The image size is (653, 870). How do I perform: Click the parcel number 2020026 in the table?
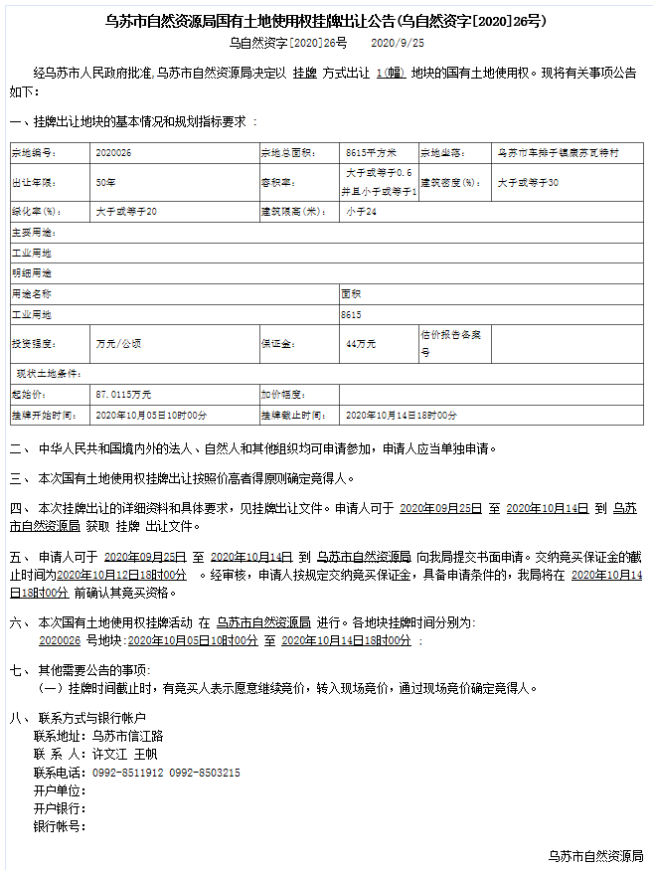[x=113, y=153]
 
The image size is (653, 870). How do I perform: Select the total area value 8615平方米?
[x=371, y=153]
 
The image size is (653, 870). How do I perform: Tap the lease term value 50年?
[x=105, y=183]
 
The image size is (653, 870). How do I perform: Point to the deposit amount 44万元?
[x=360, y=344]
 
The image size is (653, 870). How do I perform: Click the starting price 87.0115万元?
[x=123, y=395]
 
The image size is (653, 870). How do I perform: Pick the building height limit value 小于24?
[x=360, y=212]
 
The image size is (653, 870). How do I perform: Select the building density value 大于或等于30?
[x=528, y=183]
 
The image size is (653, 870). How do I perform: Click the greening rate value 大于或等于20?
[x=126, y=212]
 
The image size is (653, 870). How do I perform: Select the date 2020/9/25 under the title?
[x=397, y=43]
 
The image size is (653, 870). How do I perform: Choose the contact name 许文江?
[x=110, y=755]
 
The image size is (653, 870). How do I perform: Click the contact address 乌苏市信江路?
[x=126, y=737]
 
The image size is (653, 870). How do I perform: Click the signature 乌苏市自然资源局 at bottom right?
[x=595, y=855]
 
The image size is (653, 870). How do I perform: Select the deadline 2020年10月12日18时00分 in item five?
[x=122, y=575]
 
